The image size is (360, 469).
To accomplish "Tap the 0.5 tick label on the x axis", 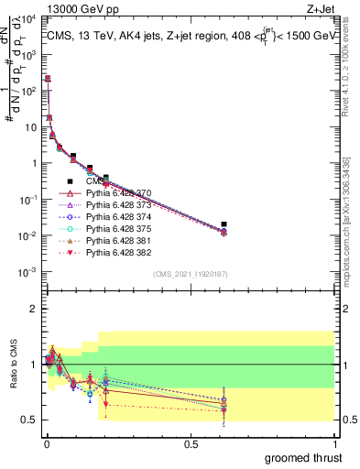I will [190, 442].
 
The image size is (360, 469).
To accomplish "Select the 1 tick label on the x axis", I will [333, 442].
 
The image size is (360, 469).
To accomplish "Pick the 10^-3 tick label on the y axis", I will [28, 272].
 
